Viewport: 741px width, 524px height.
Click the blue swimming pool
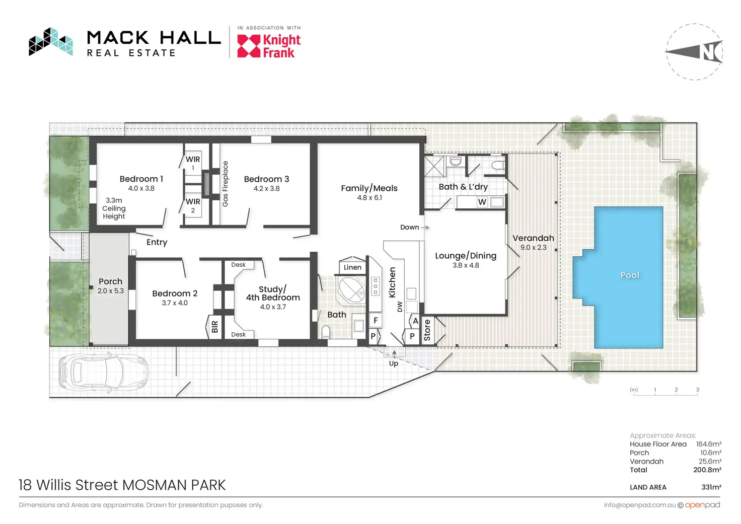[622, 277]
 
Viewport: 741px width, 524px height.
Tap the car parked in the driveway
[104, 370]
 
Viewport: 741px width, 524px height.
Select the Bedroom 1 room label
[141, 179]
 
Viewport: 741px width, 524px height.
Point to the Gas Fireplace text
[226, 184]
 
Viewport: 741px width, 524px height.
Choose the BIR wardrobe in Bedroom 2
[214, 327]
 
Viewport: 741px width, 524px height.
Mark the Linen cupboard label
[352, 267]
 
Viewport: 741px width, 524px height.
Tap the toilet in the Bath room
[326, 332]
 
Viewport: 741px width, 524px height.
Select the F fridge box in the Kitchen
[376, 320]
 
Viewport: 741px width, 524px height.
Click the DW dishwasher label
[400, 307]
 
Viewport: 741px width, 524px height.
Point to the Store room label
[427, 330]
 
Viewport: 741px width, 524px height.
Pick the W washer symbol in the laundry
[482, 202]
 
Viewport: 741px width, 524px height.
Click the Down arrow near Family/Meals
[425, 227]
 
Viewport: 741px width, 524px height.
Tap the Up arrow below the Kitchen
[394, 354]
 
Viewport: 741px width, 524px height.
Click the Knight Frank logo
[269, 46]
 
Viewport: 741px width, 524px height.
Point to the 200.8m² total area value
[707, 470]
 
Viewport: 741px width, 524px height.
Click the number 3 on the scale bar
[697, 390]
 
